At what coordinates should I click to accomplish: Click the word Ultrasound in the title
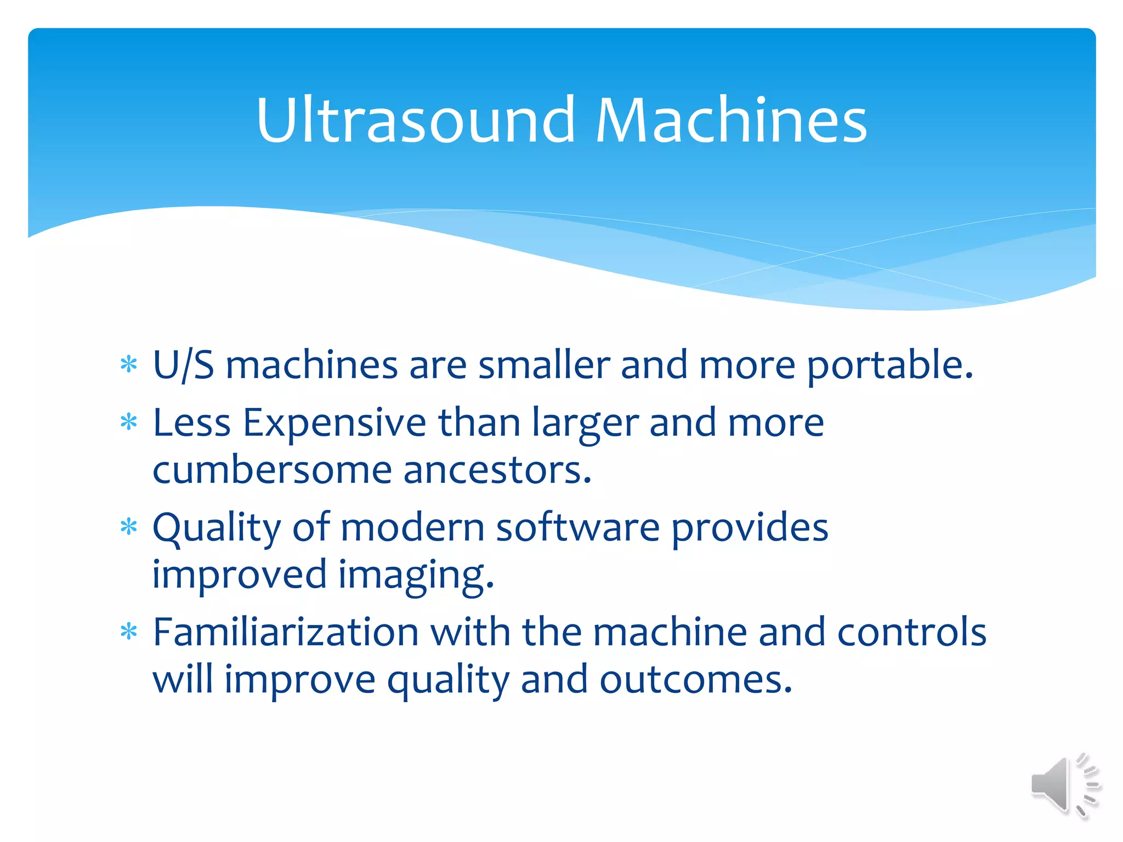[415, 120]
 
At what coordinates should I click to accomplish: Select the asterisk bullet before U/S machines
[129, 365]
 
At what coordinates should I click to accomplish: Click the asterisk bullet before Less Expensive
[129, 422]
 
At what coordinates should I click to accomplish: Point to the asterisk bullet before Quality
[129, 527]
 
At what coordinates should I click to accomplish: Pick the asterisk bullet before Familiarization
[129, 632]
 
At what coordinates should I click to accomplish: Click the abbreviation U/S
[183, 365]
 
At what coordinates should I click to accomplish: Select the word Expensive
[334, 423]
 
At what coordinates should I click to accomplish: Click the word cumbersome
[272, 470]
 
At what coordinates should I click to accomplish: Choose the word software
[577, 527]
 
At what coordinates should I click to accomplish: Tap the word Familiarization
[286, 632]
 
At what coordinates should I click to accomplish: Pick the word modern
[412, 527]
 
